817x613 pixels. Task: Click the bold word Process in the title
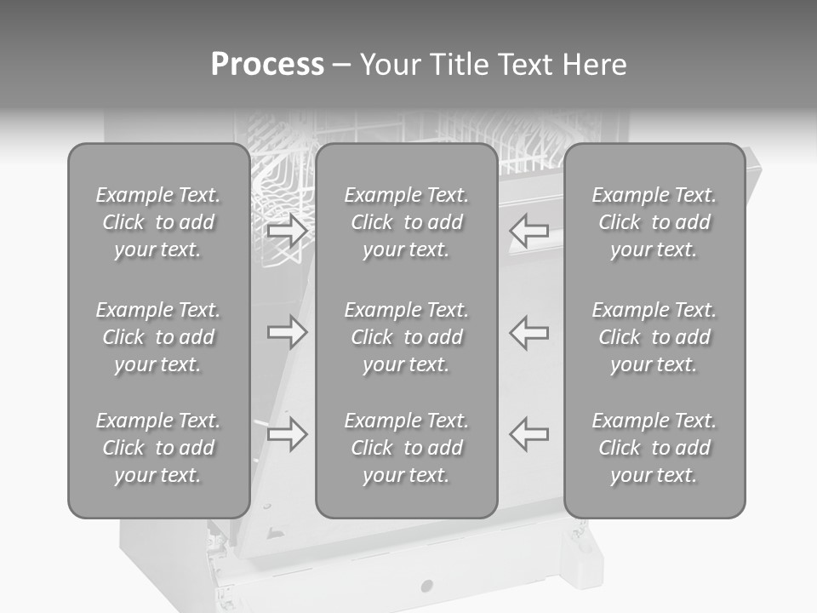click(267, 65)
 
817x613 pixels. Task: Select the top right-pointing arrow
click(287, 231)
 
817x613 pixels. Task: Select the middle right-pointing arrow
click(287, 332)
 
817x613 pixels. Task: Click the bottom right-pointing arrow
click(287, 434)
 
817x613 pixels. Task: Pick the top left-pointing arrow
click(528, 231)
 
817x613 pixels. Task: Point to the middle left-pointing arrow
click(528, 332)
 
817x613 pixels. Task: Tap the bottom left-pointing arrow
click(528, 433)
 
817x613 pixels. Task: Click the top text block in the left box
click(158, 222)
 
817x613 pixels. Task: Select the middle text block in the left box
click(158, 337)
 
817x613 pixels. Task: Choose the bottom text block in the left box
click(158, 448)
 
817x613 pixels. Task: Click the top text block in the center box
click(406, 222)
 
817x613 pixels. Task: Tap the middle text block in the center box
click(406, 337)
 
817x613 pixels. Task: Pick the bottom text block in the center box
click(406, 448)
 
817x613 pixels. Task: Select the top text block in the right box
click(654, 222)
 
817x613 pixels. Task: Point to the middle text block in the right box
click(654, 337)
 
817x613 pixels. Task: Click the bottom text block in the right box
click(654, 448)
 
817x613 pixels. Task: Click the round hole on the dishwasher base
click(426, 586)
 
